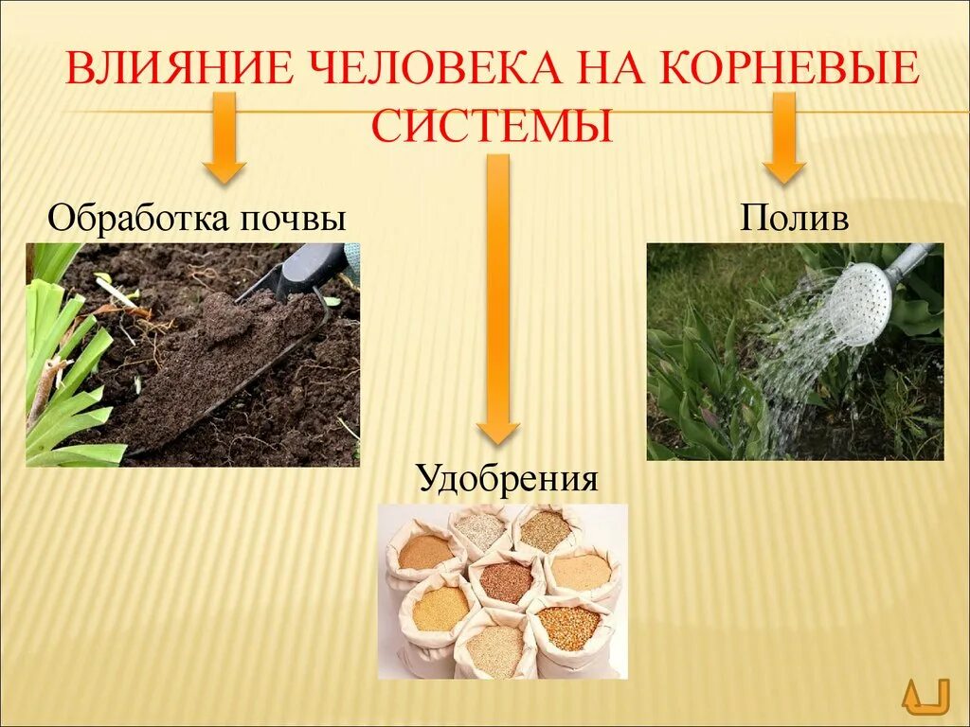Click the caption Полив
click(795, 220)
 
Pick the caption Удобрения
click(508, 478)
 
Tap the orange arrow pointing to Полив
click(784, 137)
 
